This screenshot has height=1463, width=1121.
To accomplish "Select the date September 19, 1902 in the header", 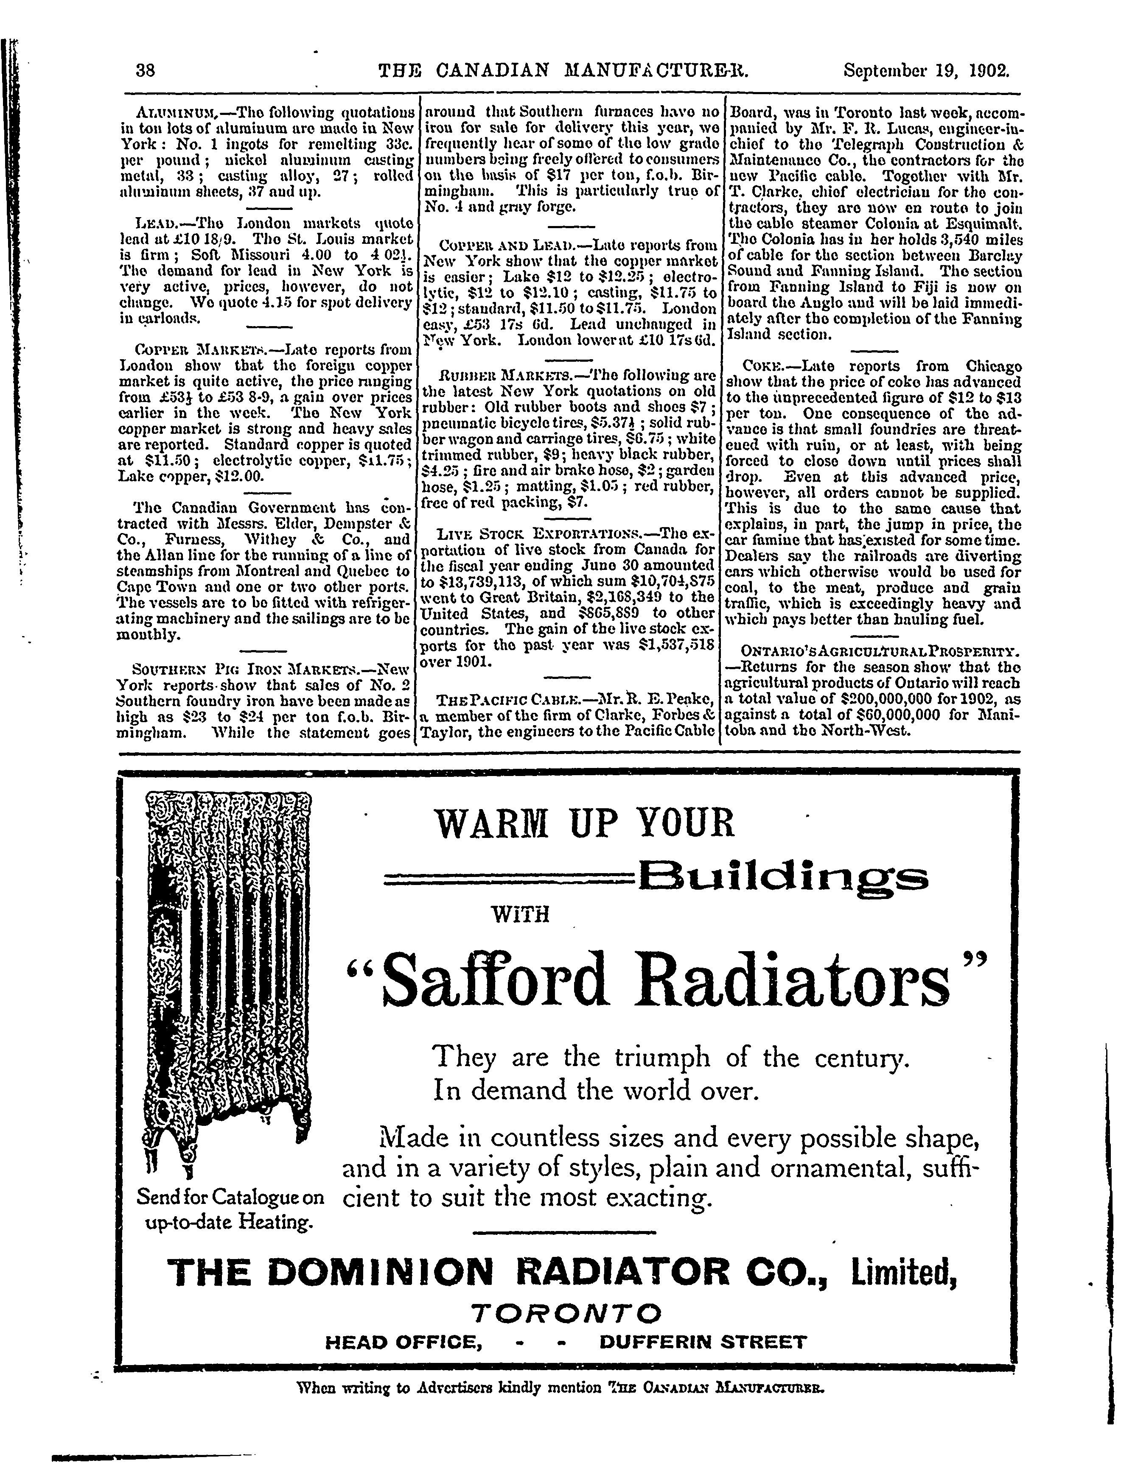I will (x=926, y=71).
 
